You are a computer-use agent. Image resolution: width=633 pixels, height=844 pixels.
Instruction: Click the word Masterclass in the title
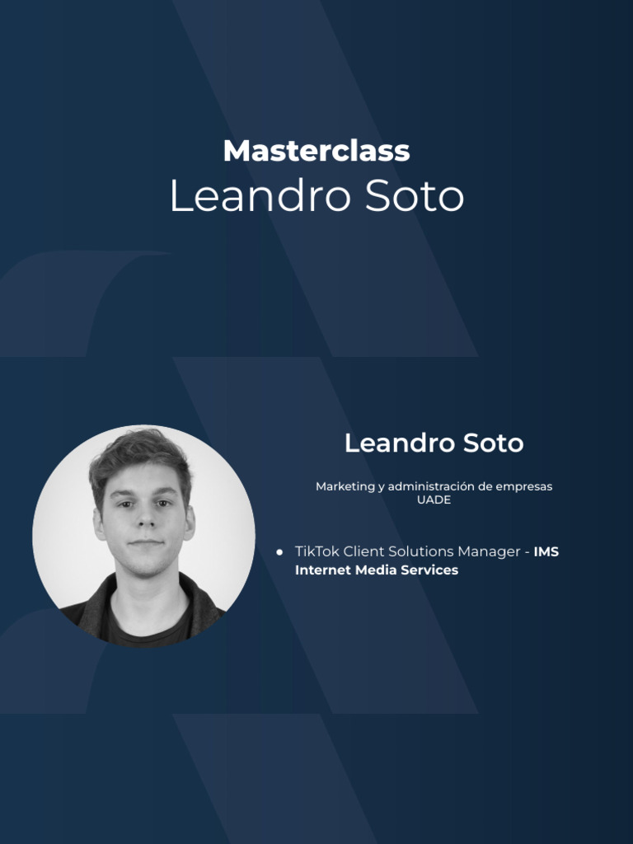click(x=316, y=151)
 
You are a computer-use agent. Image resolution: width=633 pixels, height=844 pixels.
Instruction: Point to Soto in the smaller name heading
click(x=493, y=443)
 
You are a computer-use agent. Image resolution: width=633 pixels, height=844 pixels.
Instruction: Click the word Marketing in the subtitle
click(x=345, y=487)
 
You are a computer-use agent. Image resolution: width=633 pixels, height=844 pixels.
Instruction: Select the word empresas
click(x=523, y=487)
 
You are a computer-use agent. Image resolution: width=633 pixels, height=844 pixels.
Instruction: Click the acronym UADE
click(x=434, y=500)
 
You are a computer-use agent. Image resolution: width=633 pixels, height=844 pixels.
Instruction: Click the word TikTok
click(x=316, y=551)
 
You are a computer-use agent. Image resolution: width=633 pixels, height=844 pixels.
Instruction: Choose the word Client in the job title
click(x=364, y=551)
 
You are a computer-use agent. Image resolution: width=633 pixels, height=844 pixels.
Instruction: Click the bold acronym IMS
click(x=546, y=551)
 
